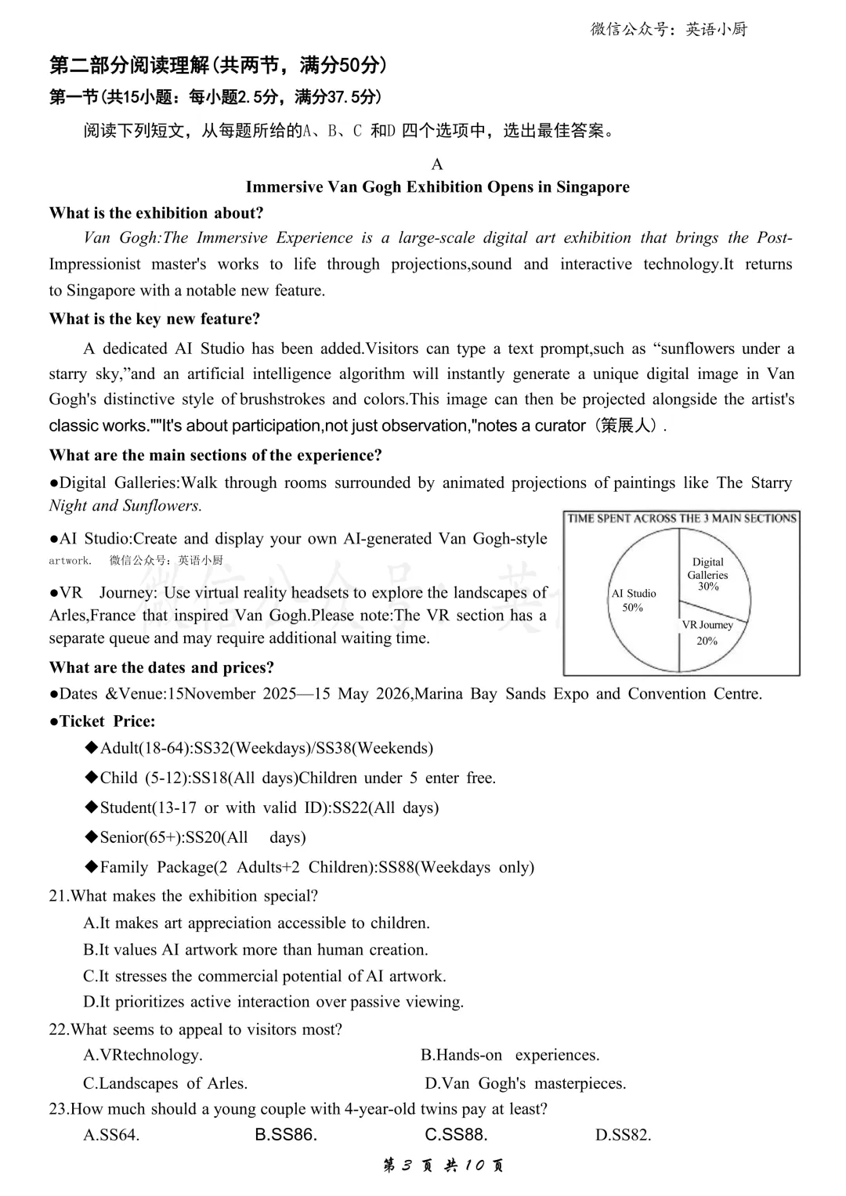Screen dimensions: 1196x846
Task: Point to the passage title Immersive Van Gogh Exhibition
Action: (437, 187)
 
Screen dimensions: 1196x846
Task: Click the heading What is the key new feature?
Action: (154, 319)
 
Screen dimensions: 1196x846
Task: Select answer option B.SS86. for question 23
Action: (286, 1135)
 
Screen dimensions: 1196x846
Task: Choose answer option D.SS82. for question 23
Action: (623, 1135)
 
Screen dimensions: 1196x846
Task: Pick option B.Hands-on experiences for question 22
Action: (510, 1055)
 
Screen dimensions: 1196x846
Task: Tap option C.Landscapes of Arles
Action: (165, 1083)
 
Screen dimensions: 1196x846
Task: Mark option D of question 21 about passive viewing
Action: (273, 1002)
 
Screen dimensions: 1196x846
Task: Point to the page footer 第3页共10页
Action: (443, 1165)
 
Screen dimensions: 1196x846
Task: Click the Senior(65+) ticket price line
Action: (196, 837)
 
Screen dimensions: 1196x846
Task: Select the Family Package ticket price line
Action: (310, 867)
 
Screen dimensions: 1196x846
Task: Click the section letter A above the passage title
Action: (437, 164)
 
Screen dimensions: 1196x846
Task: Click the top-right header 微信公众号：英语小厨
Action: (669, 30)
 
